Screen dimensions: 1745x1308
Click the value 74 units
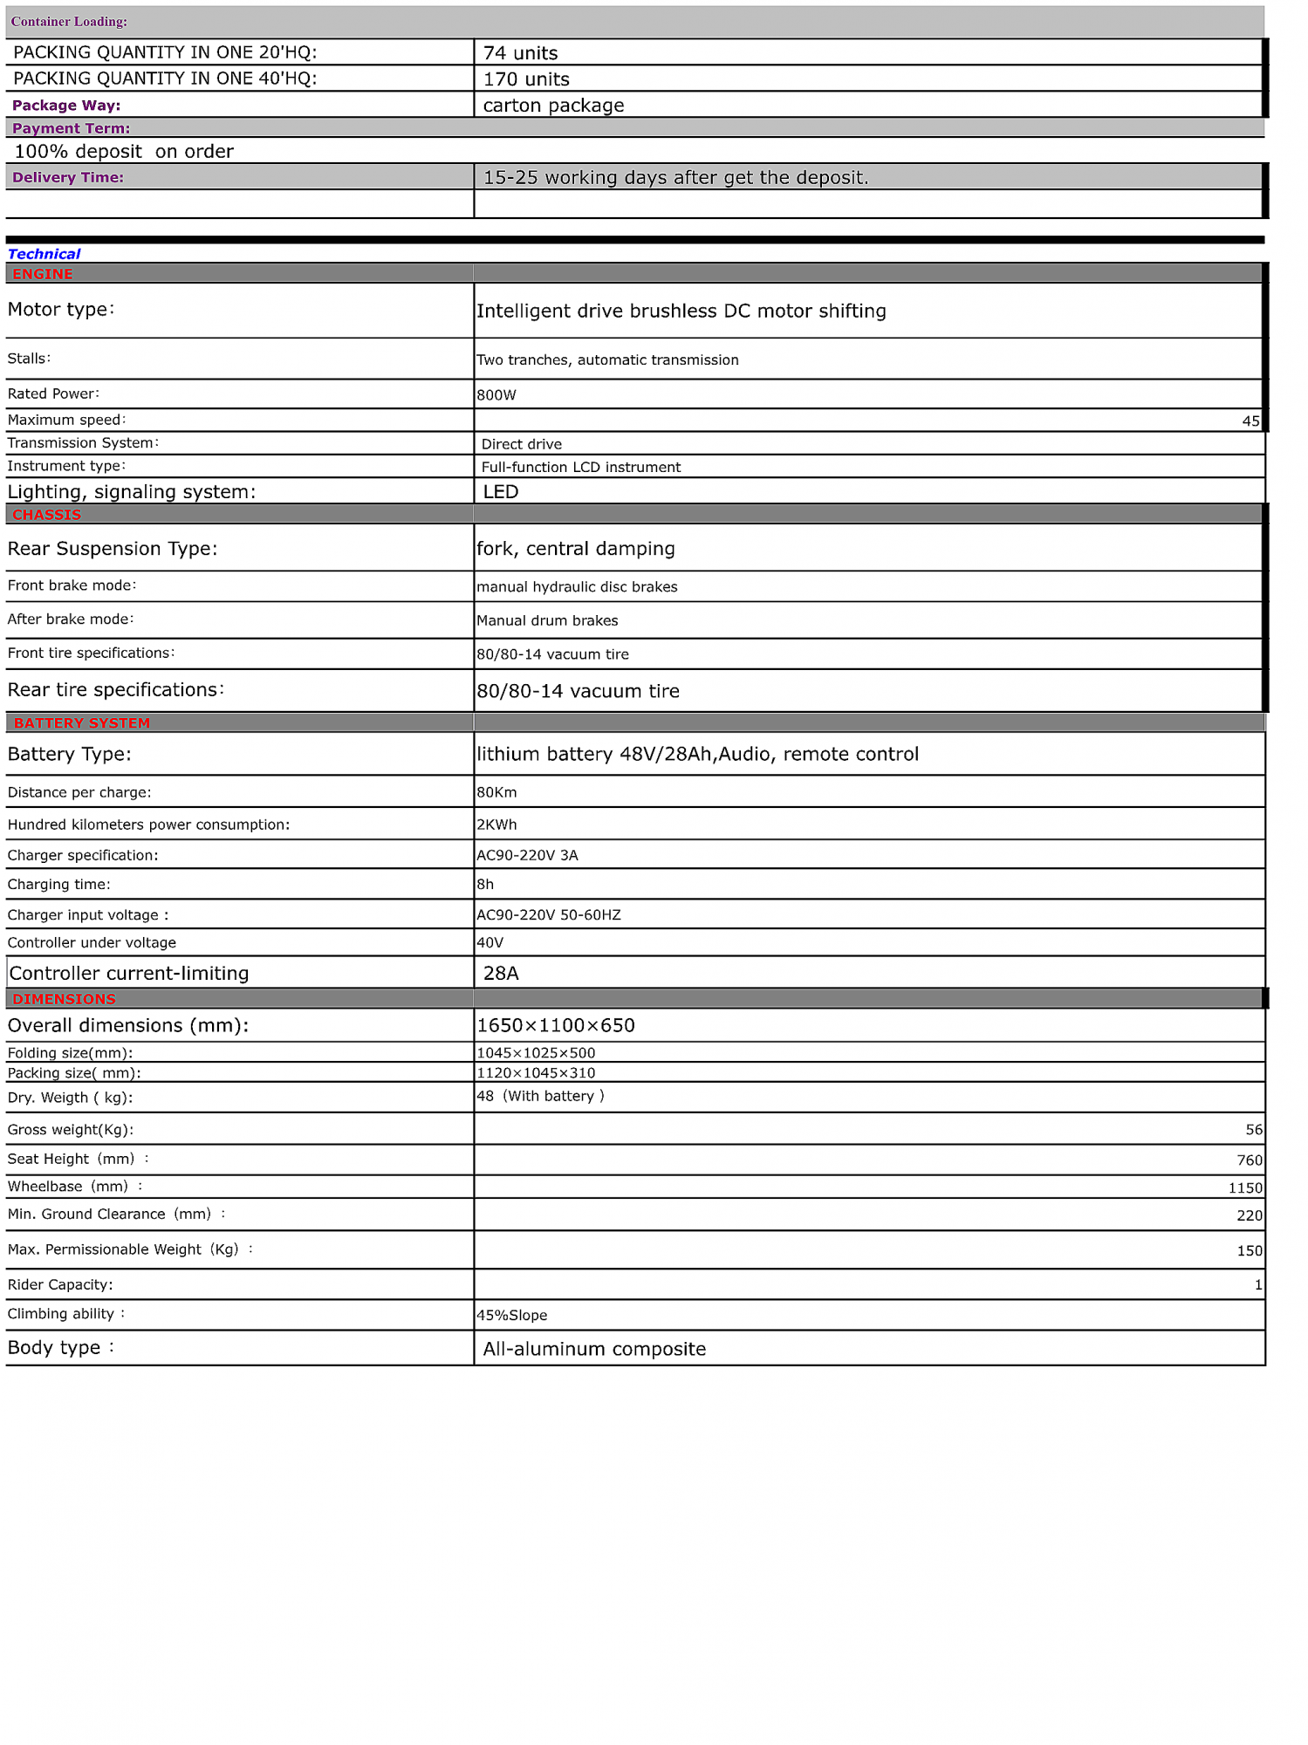520,53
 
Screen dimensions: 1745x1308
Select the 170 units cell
526,79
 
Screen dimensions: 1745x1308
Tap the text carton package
553,106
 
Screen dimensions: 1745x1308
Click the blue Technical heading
44,254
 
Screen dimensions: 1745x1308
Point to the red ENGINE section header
42,274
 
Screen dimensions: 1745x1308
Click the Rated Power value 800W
496,395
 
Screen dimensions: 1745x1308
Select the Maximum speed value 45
1250,421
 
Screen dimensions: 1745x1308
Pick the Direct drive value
521,444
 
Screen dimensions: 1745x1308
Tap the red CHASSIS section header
46,515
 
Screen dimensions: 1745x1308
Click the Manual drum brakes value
547,621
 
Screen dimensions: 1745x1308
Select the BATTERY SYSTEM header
82,723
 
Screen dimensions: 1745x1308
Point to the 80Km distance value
496,793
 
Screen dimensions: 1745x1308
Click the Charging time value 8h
485,885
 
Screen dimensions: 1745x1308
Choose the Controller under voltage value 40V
490,943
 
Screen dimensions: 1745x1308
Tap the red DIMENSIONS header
64,1000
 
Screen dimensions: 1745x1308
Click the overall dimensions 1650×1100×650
556,1026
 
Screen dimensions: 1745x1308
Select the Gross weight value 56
1254,1131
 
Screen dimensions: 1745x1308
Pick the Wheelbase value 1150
1245,1188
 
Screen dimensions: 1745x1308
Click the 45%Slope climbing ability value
512,1316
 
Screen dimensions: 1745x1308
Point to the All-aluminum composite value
594,1350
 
